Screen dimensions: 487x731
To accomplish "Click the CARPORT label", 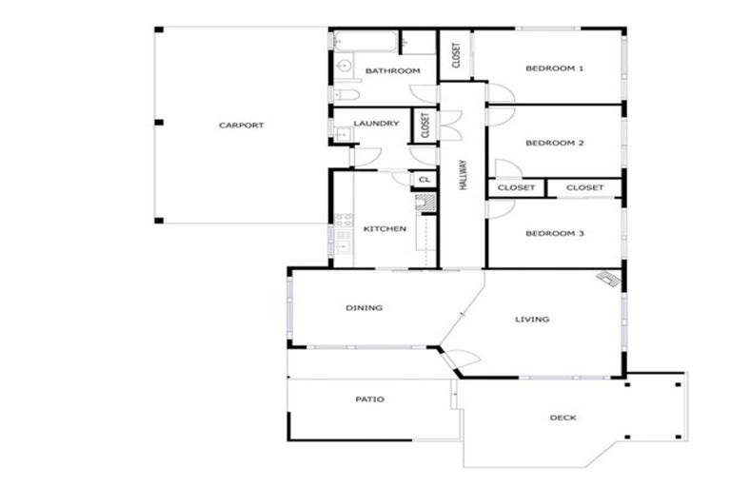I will click(241, 125).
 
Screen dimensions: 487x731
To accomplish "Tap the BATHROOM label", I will click(392, 71).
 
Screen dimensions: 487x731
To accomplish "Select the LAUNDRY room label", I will click(376, 124).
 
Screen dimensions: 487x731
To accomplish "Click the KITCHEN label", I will click(385, 228).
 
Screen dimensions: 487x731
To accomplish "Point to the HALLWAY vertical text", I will click(464, 175).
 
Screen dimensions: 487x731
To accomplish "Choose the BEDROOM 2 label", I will click(554, 144).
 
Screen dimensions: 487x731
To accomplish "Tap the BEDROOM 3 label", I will click(554, 233).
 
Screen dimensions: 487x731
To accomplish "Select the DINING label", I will click(364, 307).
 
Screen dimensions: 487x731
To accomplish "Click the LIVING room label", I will click(532, 320).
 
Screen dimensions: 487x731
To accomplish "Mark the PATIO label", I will click(369, 399).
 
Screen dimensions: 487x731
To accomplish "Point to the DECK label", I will click(563, 418).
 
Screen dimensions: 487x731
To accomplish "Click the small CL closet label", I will click(425, 179).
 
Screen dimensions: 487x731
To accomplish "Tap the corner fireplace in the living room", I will click(607, 278).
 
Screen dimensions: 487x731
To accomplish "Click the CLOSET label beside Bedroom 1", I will click(456, 55).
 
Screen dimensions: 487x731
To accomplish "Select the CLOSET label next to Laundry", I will click(425, 125).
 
